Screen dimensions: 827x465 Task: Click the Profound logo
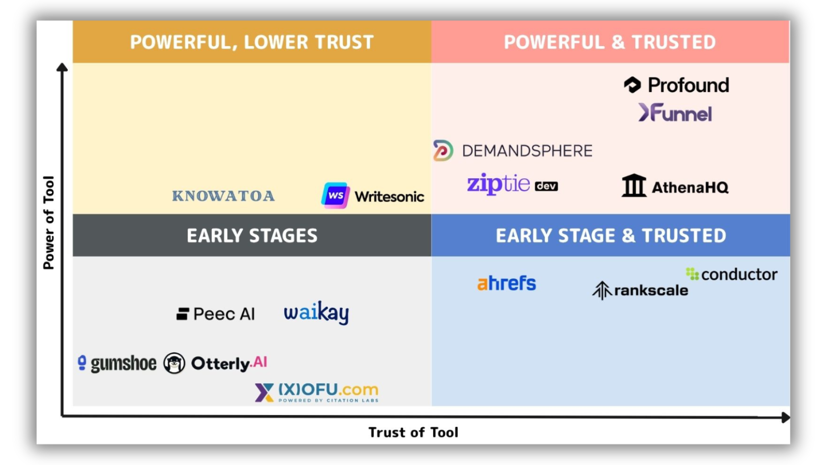677,85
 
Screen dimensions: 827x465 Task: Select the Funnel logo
675,113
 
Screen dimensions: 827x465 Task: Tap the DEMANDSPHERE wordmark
527,151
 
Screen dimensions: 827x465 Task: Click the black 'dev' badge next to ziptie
546,186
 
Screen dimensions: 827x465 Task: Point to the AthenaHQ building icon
634,185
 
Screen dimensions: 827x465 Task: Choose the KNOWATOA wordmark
224,196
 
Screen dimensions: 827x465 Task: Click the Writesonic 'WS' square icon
335,195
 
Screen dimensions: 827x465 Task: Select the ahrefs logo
507,283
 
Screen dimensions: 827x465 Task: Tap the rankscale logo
640,290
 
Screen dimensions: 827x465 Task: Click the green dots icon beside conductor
692,274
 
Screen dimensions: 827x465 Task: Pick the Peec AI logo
216,314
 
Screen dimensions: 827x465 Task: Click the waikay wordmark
316,313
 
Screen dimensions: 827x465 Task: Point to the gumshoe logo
117,364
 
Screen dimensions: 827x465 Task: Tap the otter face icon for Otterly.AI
174,363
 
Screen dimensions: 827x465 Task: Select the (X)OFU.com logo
317,392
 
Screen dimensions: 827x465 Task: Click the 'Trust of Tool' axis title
413,432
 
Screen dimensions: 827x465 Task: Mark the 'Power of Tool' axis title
49,223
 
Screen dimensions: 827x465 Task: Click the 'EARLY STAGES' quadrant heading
252,236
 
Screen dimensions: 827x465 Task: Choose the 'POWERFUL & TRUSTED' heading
610,42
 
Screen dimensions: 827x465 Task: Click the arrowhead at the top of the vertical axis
62,67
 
